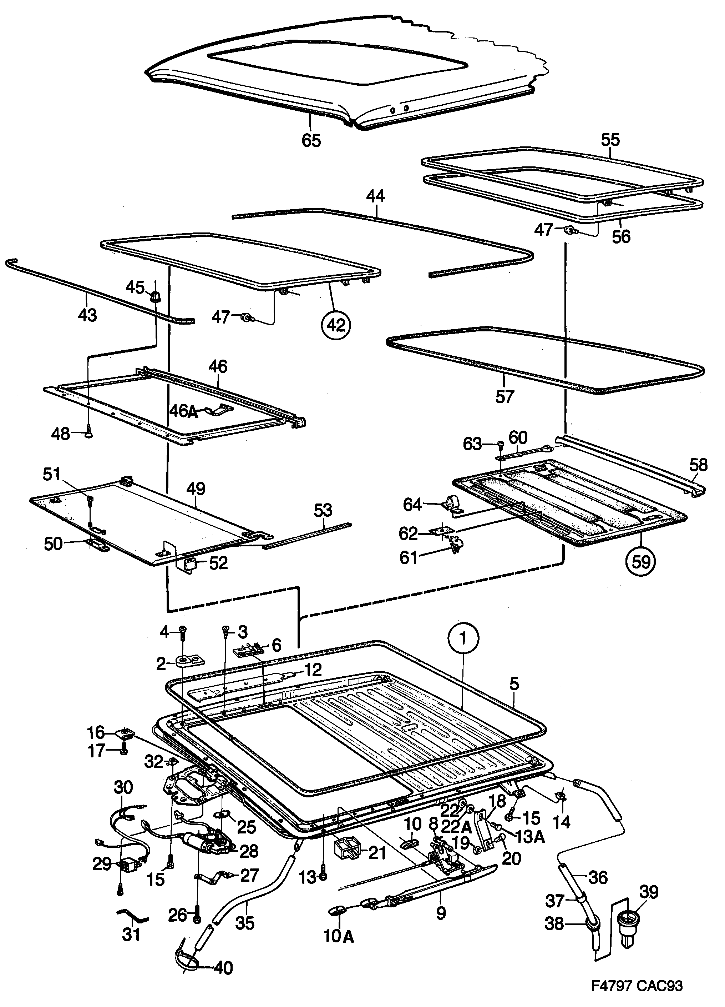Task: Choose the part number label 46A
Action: pos(184,411)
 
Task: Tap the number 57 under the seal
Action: pos(505,396)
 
